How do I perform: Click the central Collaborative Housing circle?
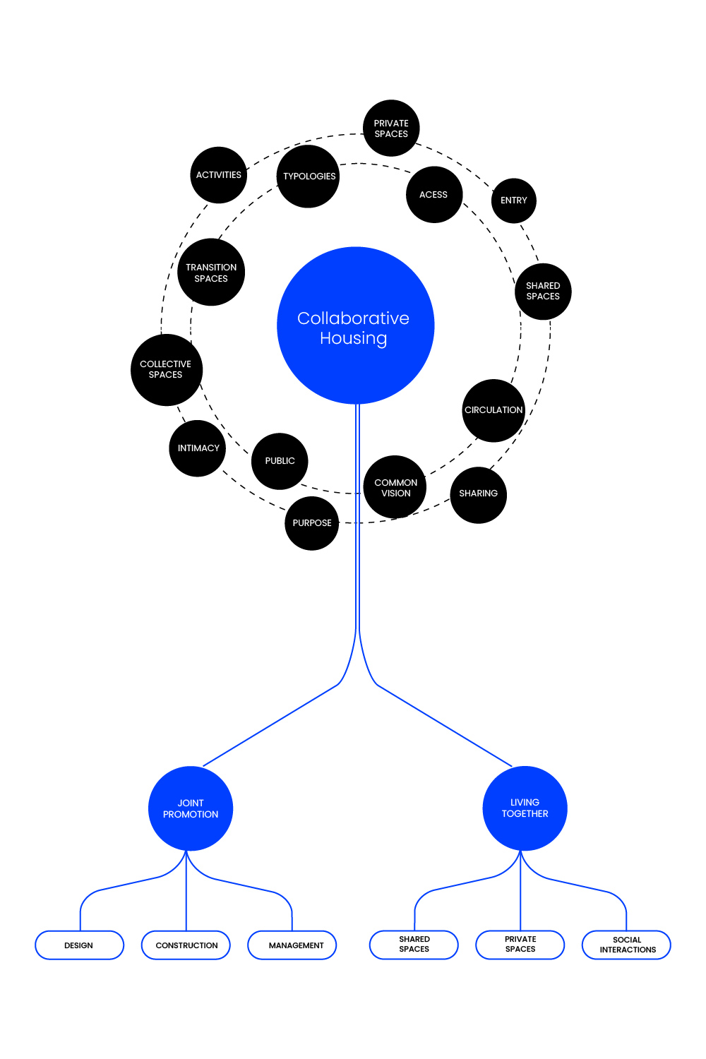pos(355,325)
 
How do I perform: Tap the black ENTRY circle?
pos(514,201)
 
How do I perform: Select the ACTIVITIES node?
pos(219,175)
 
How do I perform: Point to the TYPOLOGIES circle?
pos(309,176)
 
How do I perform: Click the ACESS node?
pos(434,195)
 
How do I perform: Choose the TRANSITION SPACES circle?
pos(211,273)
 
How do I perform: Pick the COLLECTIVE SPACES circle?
pos(167,370)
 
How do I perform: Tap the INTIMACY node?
pos(198,448)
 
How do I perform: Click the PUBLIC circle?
pos(280,461)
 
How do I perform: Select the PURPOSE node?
pos(312,523)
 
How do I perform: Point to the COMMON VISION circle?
pos(395,487)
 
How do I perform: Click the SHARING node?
pos(479,494)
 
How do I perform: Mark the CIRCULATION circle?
pos(493,410)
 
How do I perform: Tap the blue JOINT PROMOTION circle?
pos(191,808)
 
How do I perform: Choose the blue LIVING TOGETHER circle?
pos(525,808)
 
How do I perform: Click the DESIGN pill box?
pos(79,945)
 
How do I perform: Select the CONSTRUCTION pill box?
pos(186,945)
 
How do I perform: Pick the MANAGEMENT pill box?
pos(292,945)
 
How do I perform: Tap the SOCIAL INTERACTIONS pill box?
pos(626,945)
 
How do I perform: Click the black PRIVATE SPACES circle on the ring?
pos(391,128)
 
